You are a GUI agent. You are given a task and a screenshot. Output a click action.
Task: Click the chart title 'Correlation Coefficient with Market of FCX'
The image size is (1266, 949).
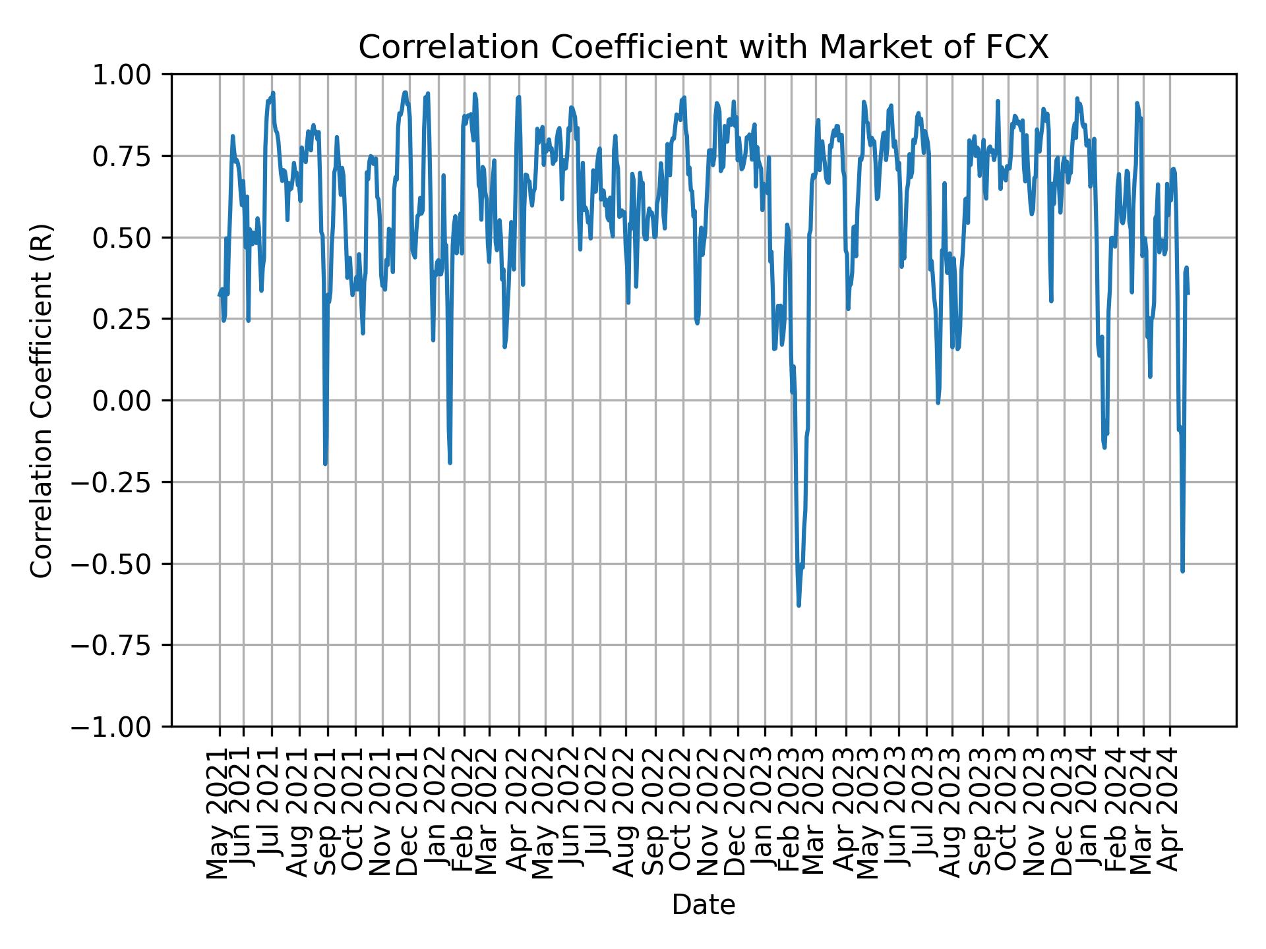(703, 47)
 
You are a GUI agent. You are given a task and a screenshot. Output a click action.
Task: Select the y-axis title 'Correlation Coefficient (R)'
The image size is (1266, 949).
(41, 400)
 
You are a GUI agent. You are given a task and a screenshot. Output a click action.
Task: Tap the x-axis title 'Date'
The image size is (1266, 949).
(703, 905)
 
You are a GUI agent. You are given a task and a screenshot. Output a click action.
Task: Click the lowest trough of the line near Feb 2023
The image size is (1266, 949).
(799, 604)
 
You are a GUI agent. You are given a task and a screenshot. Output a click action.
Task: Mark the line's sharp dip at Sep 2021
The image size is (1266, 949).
(325, 463)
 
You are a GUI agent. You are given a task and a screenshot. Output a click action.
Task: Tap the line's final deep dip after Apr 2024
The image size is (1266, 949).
(1182, 571)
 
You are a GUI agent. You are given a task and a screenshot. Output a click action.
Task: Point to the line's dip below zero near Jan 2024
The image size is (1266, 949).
(1104, 447)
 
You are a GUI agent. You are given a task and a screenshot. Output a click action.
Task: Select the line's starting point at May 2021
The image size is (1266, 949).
(220, 295)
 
